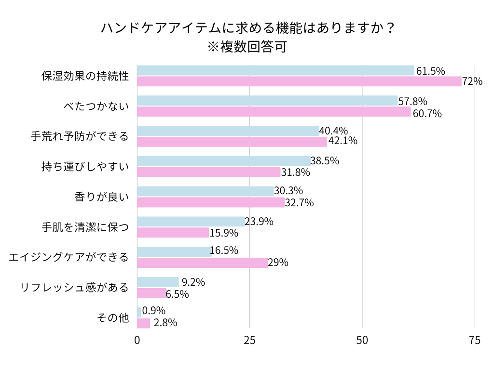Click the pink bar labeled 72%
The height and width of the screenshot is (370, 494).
299,81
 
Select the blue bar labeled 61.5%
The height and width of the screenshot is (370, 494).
275,70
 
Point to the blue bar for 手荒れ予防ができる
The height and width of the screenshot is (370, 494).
228,131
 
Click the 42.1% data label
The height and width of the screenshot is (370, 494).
343,141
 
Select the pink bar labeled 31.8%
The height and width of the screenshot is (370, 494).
208,172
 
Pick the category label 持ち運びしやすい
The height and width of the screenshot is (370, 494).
85,167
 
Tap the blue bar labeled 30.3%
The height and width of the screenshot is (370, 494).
205,191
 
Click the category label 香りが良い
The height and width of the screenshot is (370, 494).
102,197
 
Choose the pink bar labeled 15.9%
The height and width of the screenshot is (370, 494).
173,233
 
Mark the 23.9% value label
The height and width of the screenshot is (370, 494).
259,222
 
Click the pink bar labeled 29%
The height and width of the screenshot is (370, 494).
202,263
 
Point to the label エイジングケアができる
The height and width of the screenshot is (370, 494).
69,257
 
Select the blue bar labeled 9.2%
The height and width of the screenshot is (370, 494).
158,282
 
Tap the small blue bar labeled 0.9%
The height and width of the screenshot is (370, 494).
139,312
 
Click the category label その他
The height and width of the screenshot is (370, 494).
113,318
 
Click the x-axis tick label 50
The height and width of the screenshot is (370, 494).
362,340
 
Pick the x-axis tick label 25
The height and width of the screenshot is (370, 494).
249,340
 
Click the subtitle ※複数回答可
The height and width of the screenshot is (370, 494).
247,47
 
